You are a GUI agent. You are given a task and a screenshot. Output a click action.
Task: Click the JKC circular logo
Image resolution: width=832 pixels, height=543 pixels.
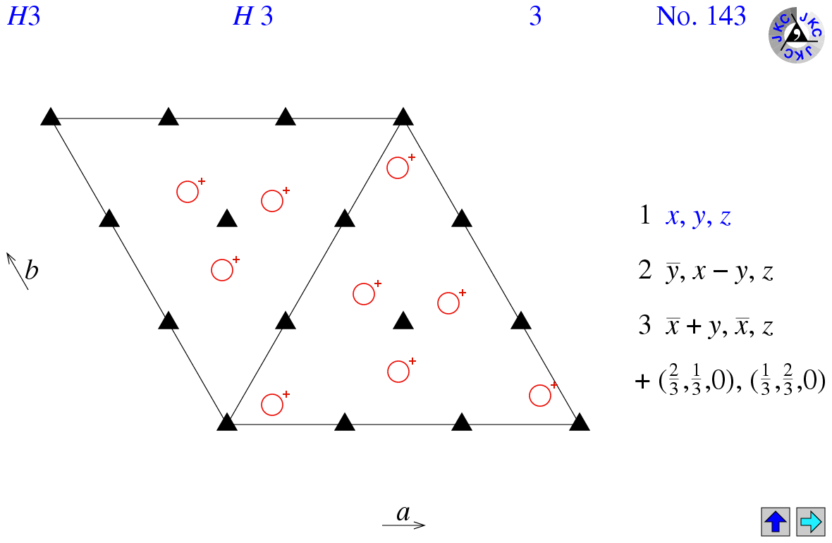point(797,35)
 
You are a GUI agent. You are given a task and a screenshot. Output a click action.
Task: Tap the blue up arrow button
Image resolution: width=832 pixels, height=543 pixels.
point(775,521)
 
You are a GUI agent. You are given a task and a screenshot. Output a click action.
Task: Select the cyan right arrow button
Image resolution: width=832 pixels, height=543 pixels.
point(811,521)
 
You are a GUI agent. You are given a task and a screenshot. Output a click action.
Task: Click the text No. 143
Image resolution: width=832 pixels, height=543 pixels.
point(701,16)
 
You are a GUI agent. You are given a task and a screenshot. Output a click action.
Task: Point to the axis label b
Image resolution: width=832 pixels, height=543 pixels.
point(32,270)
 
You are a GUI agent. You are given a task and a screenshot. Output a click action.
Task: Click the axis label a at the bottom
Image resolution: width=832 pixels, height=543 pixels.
point(403,513)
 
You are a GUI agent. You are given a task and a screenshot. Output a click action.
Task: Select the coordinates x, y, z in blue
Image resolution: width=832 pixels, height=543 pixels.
point(698,216)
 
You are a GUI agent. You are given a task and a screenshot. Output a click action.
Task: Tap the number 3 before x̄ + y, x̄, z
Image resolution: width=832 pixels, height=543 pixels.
point(644,325)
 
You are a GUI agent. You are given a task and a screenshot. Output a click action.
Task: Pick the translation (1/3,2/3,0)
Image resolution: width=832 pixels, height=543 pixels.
point(788,382)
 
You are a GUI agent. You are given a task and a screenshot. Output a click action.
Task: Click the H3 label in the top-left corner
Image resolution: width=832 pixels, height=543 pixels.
point(23,16)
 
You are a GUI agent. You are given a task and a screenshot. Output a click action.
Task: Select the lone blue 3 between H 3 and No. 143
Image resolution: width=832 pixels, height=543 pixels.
point(535,16)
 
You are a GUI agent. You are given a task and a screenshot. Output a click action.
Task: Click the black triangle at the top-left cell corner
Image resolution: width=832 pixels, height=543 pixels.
point(51,117)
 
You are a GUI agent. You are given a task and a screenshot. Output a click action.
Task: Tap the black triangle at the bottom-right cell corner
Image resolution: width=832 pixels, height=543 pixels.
point(580,422)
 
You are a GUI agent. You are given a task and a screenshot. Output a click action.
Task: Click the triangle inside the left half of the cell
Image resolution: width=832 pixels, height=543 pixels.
point(227,219)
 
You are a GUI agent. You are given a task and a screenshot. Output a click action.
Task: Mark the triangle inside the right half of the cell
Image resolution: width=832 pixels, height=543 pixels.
point(403,321)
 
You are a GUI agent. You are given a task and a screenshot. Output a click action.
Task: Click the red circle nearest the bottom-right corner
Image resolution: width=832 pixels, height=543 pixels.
point(540,396)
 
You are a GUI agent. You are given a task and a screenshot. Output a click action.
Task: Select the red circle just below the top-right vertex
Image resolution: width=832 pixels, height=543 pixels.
point(398,168)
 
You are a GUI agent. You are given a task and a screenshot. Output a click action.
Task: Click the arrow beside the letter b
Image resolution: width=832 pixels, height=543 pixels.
point(17,271)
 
